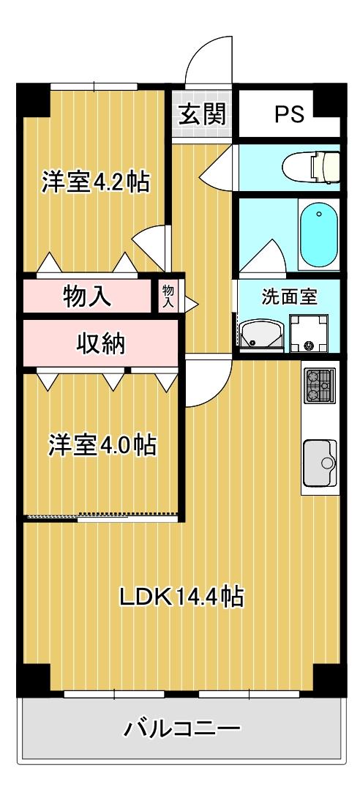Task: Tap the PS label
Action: point(290,115)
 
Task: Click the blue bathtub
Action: point(319,236)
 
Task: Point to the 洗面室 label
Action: point(289,298)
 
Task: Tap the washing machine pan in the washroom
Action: point(309,334)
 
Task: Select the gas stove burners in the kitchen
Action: point(320,386)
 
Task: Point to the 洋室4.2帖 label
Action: point(95,182)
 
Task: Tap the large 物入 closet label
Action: point(88,297)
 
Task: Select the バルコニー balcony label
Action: point(181,728)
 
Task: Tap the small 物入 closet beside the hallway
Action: point(168,296)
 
